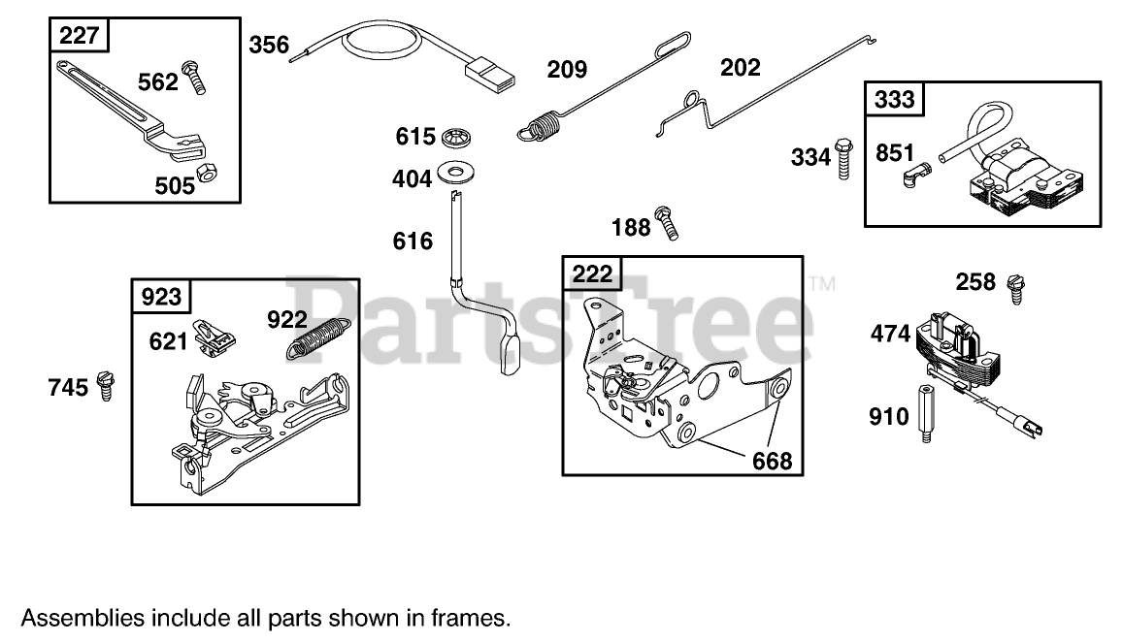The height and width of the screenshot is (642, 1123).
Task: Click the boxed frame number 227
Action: [x=79, y=37]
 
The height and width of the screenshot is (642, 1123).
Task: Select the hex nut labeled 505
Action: [x=206, y=173]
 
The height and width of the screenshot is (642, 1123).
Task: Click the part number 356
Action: [x=268, y=45]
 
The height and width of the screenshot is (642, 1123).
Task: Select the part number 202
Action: [x=740, y=68]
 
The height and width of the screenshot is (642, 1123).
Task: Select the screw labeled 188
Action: [x=666, y=222]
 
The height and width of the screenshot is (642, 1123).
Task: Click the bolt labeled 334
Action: [x=842, y=155]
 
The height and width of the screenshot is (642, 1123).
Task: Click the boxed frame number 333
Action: [x=895, y=99]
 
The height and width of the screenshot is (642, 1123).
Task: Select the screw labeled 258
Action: [x=1015, y=288]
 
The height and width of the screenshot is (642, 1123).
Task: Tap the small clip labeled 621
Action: [x=215, y=336]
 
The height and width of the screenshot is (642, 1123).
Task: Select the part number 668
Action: [x=772, y=460]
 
